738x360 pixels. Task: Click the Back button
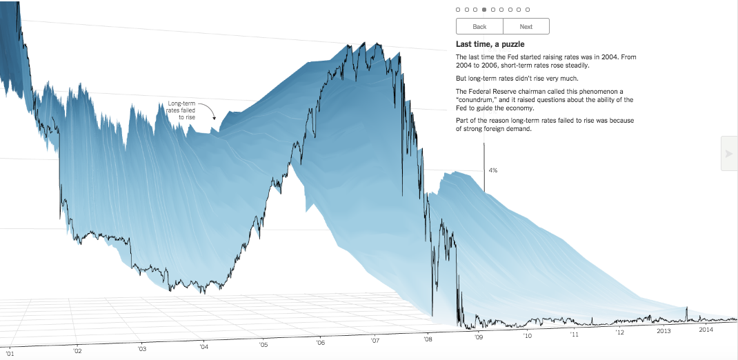point(479,26)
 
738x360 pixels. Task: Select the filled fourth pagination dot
point(484,10)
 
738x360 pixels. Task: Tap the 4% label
point(493,170)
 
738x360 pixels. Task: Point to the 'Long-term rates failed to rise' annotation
point(181,111)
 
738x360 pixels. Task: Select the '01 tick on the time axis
point(9,353)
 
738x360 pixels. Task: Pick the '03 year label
point(141,348)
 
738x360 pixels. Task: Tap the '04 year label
point(203,346)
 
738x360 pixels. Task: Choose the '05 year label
point(263,344)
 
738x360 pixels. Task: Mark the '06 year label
point(321,342)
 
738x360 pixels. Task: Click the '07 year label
point(375,340)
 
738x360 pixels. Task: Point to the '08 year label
point(428,339)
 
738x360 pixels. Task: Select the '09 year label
point(479,337)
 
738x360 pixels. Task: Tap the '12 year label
point(620,332)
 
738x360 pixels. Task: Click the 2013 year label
point(664,331)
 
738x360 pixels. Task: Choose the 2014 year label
point(706,330)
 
